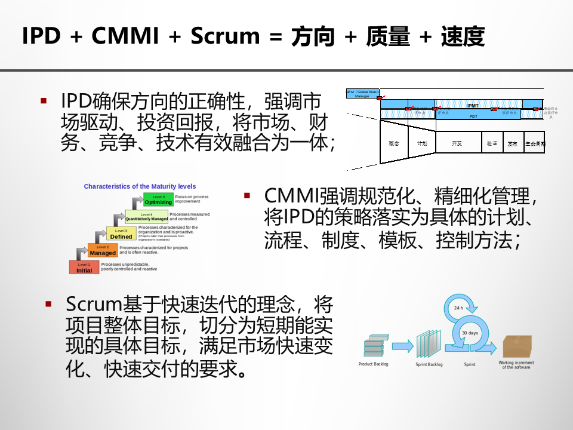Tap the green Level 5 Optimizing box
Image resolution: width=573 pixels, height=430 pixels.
tap(158, 200)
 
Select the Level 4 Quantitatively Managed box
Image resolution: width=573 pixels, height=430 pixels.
tap(147, 217)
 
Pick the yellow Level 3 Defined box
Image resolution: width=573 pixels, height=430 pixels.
tap(121, 234)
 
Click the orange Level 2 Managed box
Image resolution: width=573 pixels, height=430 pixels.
tap(103, 251)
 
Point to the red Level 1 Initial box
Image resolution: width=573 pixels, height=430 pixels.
tap(84, 268)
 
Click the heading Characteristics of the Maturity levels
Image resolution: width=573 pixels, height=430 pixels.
tap(140, 186)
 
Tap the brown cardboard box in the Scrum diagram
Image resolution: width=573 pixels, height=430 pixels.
tap(517, 346)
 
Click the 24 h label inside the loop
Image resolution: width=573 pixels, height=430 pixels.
tap(458, 308)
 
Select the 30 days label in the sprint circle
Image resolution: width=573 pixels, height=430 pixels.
tap(470, 333)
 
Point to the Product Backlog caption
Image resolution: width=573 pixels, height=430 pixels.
tap(373, 364)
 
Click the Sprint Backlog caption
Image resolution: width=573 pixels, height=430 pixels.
tap(429, 364)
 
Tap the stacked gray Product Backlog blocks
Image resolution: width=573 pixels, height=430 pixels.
tap(373, 346)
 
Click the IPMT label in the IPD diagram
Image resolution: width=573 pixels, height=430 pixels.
tap(473, 106)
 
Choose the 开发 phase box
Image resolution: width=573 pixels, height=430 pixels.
tap(457, 144)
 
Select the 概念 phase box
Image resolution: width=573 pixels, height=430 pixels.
tap(394, 144)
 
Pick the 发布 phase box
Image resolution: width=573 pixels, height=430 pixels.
tap(512, 144)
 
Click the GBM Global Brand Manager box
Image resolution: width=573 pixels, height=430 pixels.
tap(362, 94)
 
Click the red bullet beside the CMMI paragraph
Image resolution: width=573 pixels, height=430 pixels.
tap(247, 195)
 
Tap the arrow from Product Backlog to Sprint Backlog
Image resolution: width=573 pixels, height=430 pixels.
tap(402, 345)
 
